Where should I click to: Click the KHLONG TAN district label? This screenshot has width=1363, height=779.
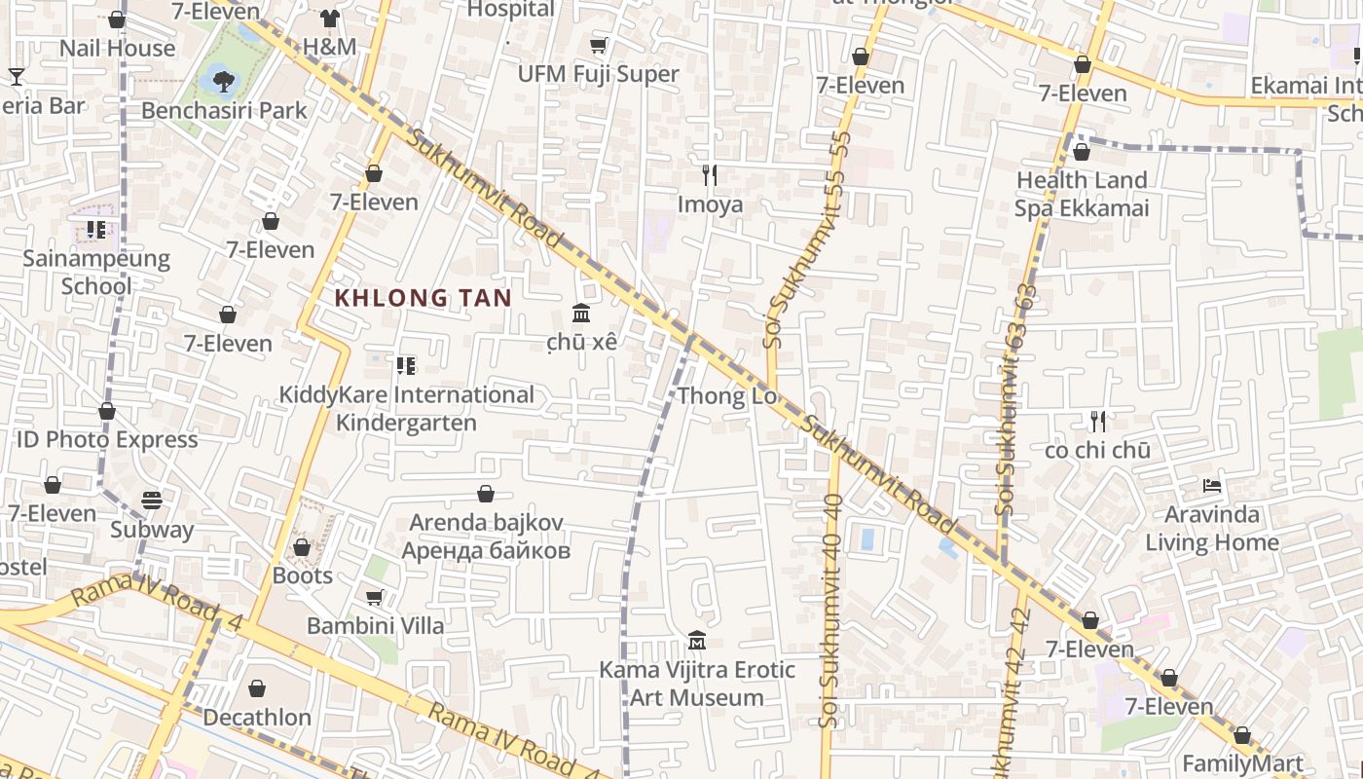(x=424, y=298)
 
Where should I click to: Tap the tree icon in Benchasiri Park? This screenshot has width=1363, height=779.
(x=224, y=80)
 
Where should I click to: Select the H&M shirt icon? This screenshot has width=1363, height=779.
(x=330, y=19)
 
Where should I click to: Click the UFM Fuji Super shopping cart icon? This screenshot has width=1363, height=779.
(x=599, y=46)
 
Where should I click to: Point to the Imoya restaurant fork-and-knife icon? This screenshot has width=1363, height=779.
(x=710, y=175)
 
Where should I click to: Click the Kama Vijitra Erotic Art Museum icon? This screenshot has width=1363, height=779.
(x=697, y=641)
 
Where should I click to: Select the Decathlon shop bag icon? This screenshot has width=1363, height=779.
(x=257, y=689)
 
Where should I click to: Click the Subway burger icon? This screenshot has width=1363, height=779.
(x=152, y=501)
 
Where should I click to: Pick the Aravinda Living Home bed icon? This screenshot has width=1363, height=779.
(x=1212, y=485)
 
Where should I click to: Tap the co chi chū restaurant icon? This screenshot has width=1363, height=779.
(x=1098, y=422)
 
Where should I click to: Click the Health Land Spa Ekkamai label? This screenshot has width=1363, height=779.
(x=1082, y=194)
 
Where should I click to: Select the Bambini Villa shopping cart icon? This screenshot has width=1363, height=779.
(x=375, y=597)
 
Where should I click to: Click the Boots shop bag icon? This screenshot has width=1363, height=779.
(x=302, y=548)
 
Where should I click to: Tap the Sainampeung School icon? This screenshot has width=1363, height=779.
(x=95, y=230)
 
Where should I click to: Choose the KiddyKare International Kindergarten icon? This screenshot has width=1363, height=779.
(x=406, y=366)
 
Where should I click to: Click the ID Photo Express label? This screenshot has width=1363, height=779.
(x=107, y=439)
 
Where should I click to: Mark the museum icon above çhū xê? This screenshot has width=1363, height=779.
(x=582, y=313)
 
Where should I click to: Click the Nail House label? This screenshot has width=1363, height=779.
(x=117, y=48)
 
